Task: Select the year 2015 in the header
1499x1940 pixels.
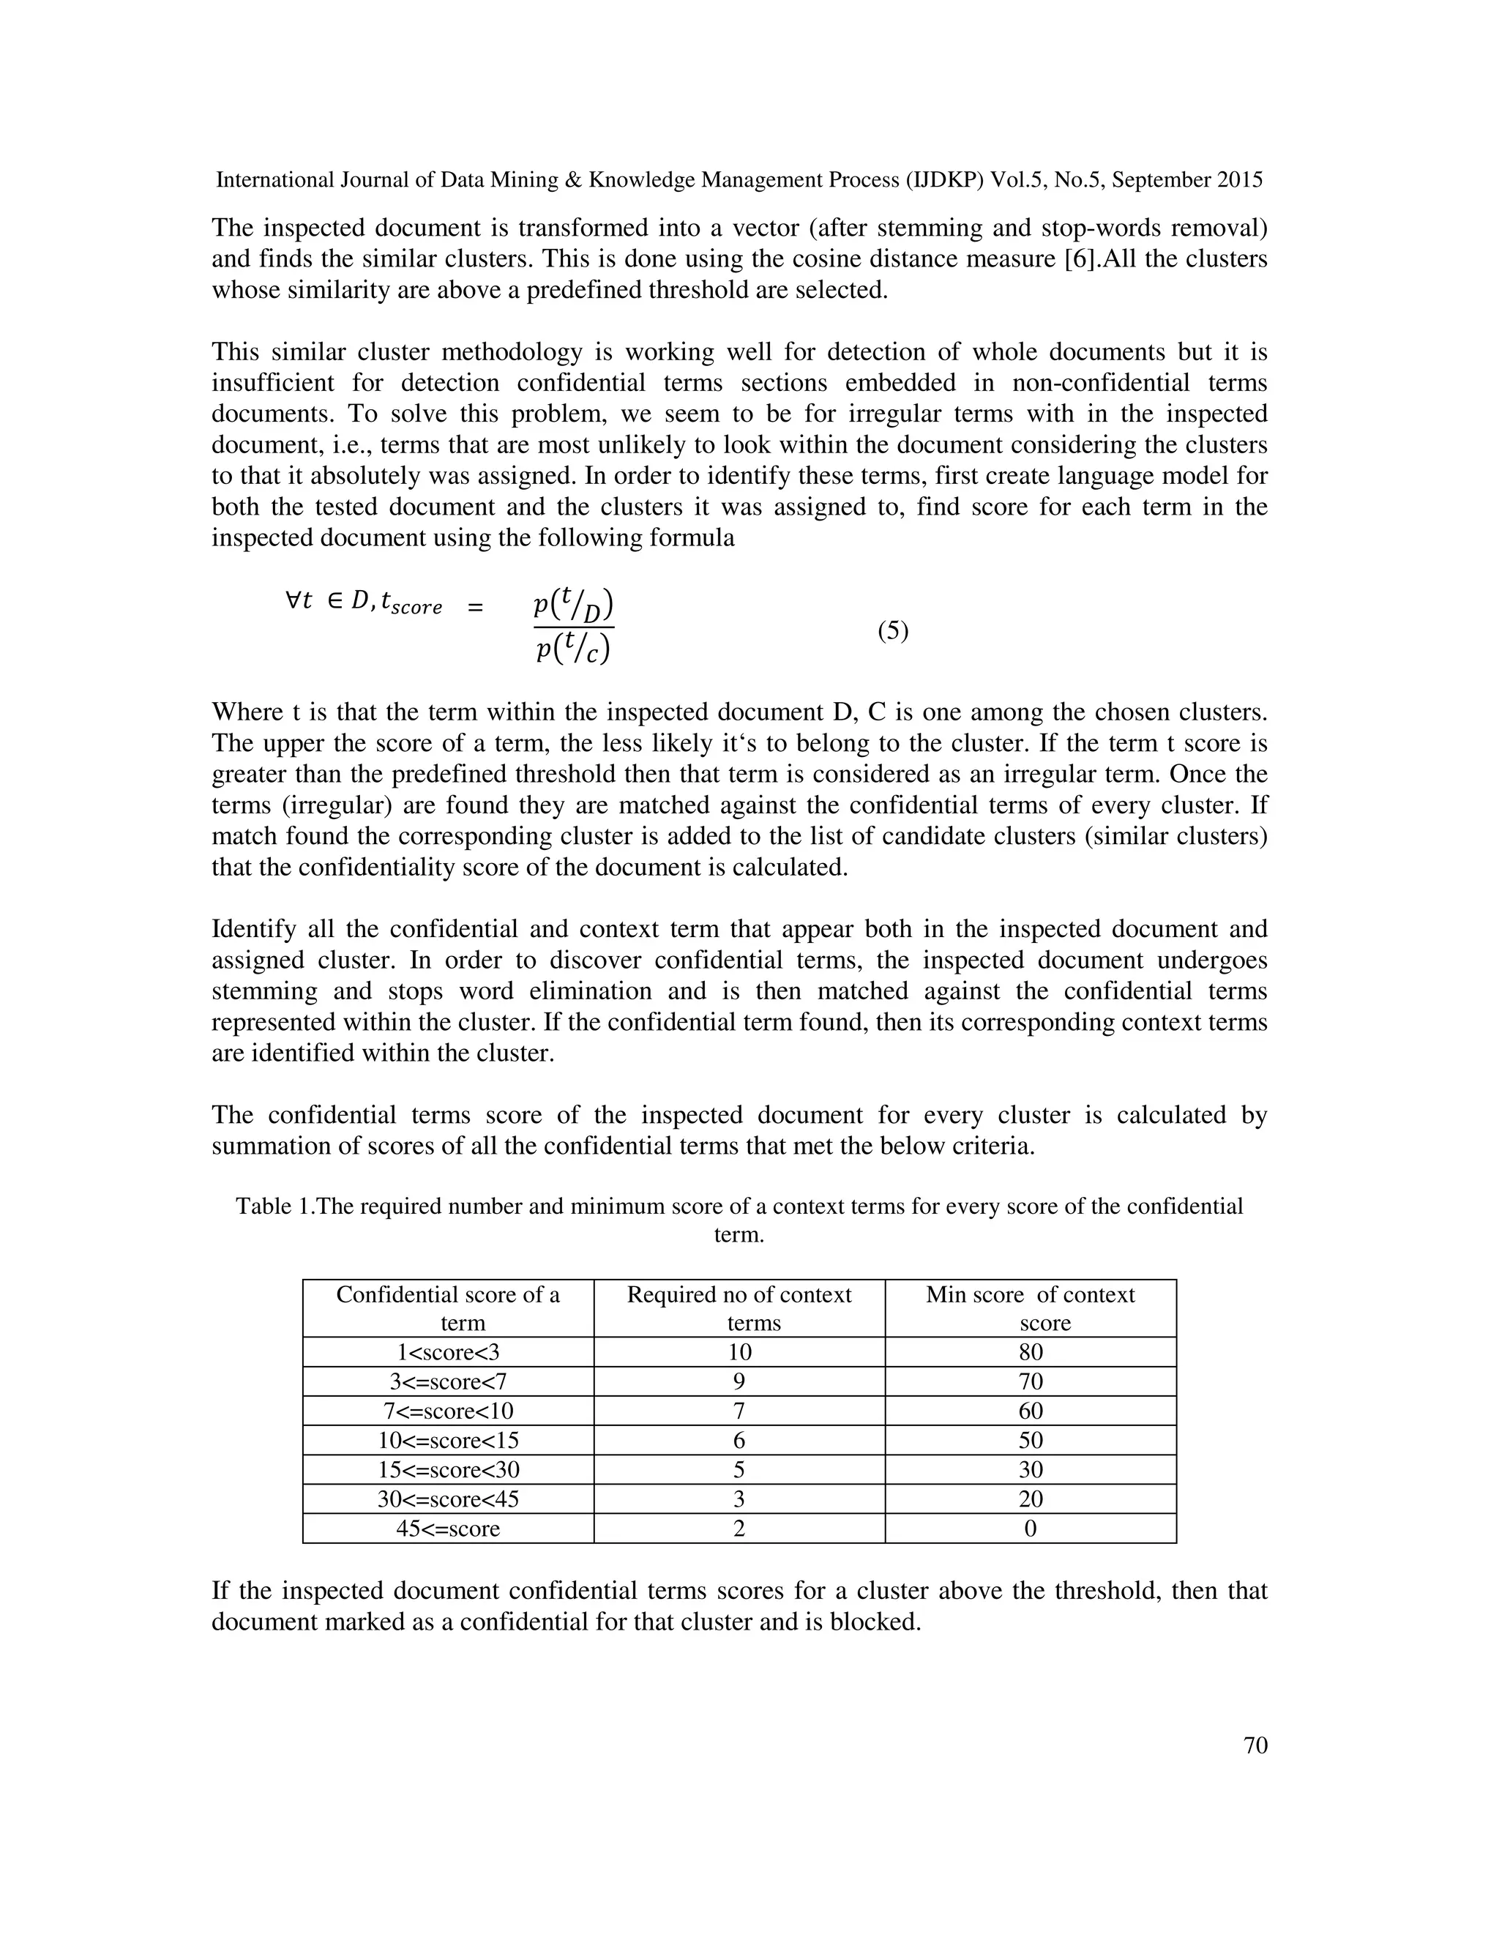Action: (x=1240, y=180)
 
